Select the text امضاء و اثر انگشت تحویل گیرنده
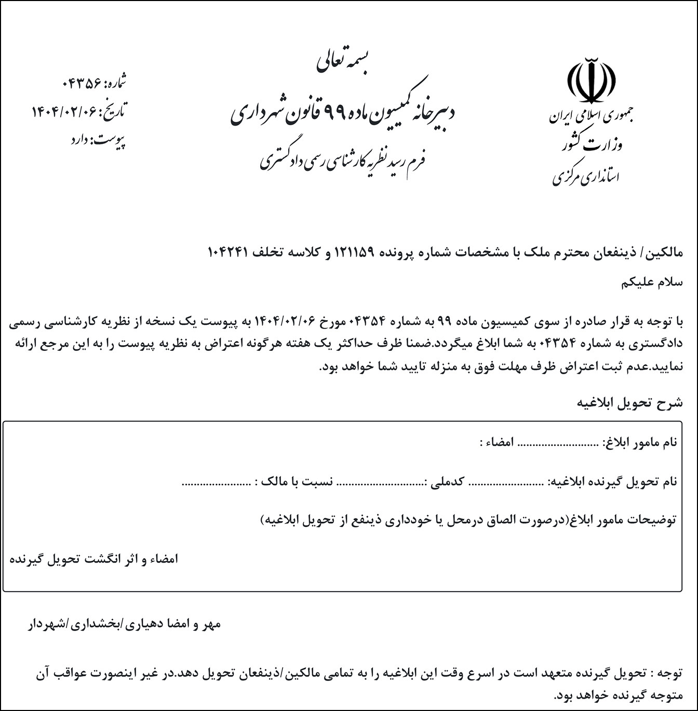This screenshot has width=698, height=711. coord(94,559)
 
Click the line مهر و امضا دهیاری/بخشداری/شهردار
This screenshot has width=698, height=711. coord(124,624)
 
